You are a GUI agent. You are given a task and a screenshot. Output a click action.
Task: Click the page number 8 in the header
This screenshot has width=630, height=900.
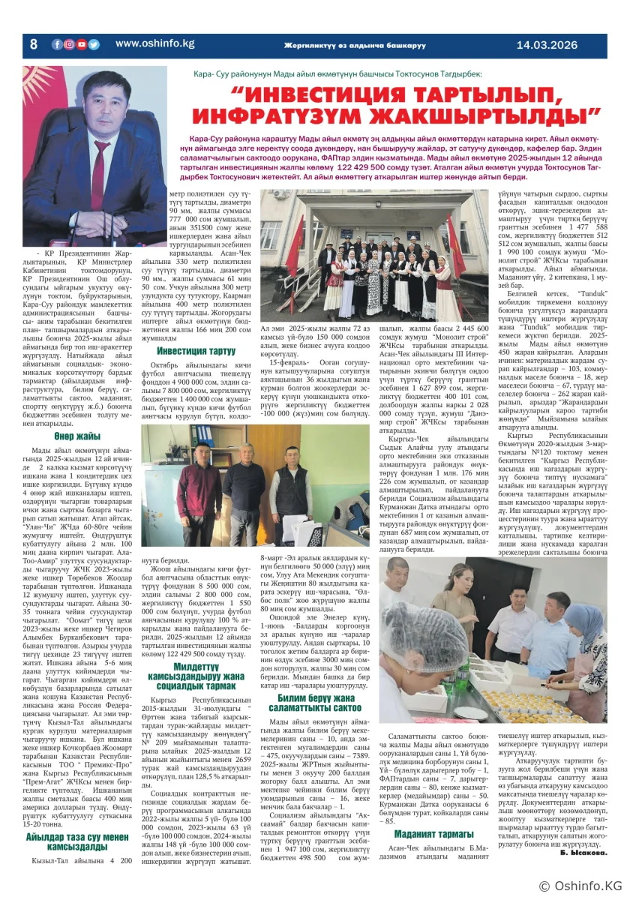33,45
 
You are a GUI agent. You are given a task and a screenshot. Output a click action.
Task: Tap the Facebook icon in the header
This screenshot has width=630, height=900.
57,45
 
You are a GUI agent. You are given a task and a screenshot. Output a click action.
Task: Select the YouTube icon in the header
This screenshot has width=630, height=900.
82,45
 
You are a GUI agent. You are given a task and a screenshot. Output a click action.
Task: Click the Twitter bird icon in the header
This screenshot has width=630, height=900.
94,45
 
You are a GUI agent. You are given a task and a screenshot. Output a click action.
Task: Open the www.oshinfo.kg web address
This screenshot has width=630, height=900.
155,44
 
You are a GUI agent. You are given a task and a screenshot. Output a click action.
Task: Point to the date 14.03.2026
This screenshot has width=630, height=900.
547,45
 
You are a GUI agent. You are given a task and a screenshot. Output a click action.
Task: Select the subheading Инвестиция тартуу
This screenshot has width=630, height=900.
196,350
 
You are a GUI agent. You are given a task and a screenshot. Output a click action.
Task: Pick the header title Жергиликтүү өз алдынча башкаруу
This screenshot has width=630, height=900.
354,45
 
